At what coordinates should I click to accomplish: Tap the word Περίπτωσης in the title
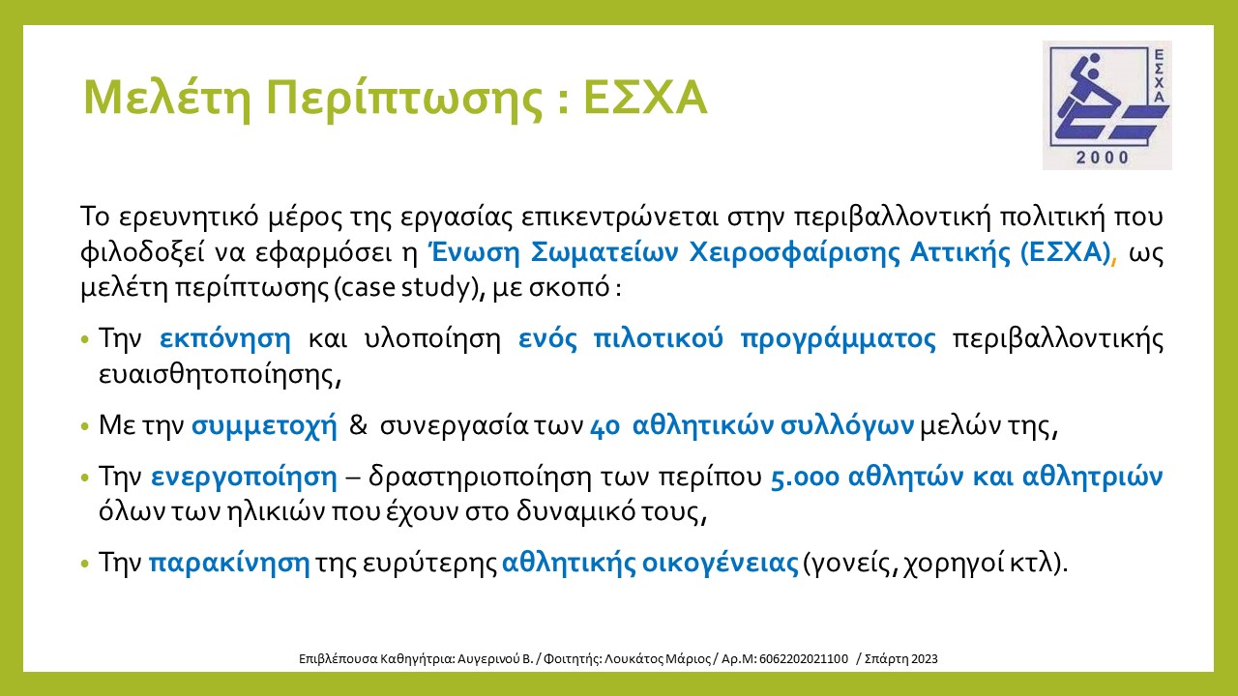pyautogui.click(x=404, y=100)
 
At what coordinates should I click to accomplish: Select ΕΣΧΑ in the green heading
pyautogui.click(x=645, y=98)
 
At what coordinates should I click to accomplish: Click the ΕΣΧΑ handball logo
pyautogui.click(x=1107, y=105)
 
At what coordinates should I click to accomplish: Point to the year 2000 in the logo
pyautogui.click(x=1102, y=158)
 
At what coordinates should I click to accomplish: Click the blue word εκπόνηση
pyautogui.click(x=225, y=338)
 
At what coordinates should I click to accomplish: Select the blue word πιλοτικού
pyautogui.click(x=658, y=338)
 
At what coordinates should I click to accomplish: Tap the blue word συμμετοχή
pyautogui.click(x=264, y=426)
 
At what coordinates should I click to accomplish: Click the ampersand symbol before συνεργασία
pyautogui.click(x=358, y=425)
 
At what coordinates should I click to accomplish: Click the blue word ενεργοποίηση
pyautogui.click(x=244, y=477)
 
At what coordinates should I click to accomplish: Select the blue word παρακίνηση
pyautogui.click(x=229, y=563)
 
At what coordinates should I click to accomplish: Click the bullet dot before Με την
pyautogui.click(x=84, y=426)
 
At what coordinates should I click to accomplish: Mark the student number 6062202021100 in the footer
pyautogui.click(x=804, y=658)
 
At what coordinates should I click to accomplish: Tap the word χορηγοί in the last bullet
pyautogui.click(x=955, y=564)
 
